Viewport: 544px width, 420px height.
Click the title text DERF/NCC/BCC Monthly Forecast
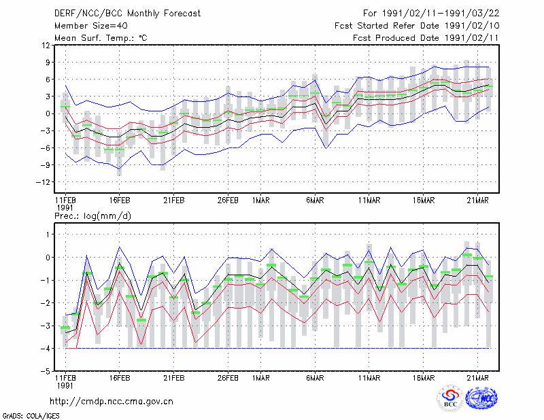point(127,14)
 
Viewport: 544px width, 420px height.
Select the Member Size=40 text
point(91,26)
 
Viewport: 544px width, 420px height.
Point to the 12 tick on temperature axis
point(46,45)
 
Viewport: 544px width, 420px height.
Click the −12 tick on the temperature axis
point(44,181)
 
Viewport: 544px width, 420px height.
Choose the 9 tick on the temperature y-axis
point(48,62)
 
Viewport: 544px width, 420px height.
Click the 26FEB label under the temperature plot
point(228,200)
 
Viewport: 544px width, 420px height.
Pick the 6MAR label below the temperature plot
point(315,200)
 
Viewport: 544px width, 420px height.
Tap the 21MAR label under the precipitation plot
point(478,378)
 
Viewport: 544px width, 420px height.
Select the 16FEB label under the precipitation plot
point(120,378)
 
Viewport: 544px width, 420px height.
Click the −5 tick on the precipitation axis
point(46,371)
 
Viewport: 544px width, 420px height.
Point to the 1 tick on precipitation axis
point(48,234)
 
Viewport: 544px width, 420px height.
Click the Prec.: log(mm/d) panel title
point(92,216)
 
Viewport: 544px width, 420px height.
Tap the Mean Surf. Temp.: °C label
point(101,38)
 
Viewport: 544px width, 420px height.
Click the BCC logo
point(450,398)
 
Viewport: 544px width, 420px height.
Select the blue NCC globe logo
point(481,398)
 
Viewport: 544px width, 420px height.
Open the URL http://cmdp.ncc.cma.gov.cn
point(112,402)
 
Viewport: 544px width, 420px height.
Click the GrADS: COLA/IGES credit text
point(31,416)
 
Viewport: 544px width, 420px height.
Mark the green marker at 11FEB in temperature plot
point(65,107)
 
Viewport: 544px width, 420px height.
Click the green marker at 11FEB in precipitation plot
point(65,328)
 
